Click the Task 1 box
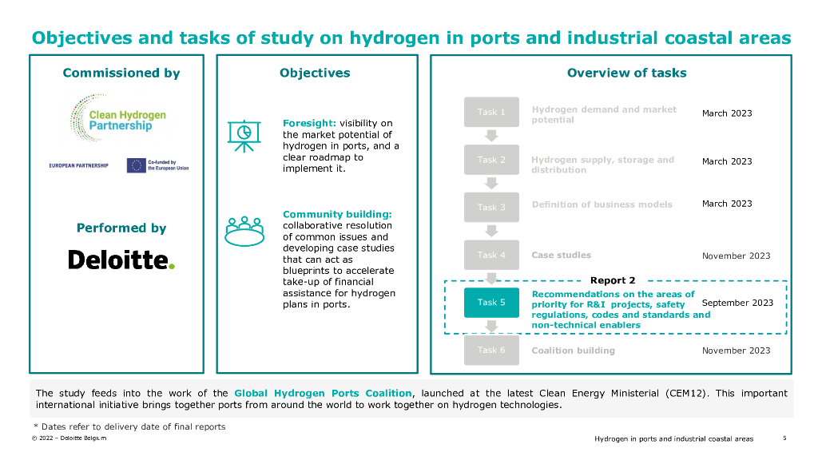491,112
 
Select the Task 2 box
491,160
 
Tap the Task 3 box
491,207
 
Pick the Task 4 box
491,255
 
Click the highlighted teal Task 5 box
491,303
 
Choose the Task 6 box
491,350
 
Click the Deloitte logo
121,260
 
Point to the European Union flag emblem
136,165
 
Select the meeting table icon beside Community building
244,230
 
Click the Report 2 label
613,280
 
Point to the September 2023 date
737,303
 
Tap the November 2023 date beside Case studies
736,256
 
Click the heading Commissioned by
121,73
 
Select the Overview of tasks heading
626,73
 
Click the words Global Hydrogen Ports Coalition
323,393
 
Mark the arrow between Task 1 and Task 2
492,135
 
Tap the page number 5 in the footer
784,438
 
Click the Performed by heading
121,228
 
